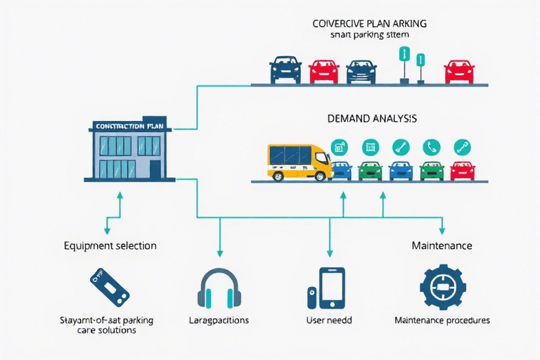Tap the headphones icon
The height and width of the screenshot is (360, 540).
(221, 288)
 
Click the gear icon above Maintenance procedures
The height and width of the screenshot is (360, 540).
(442, 288)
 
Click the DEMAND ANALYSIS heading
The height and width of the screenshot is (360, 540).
(372, 119)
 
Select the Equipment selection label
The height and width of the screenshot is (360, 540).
(110, 246)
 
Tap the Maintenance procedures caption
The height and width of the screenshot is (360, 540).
(442, 320)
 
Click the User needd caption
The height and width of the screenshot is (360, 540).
(329, 320)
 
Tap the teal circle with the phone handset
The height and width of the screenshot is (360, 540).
(431, 146)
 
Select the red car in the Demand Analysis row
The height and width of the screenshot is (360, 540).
(462, 170)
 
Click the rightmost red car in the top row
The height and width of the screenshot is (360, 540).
(458, 72)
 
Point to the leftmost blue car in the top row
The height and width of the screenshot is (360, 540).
(285, 70)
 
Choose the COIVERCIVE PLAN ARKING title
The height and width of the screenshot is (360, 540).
(370, 23)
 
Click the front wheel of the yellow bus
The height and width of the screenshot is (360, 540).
(321, 174)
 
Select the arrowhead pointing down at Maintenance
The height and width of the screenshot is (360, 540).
(442, 231)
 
